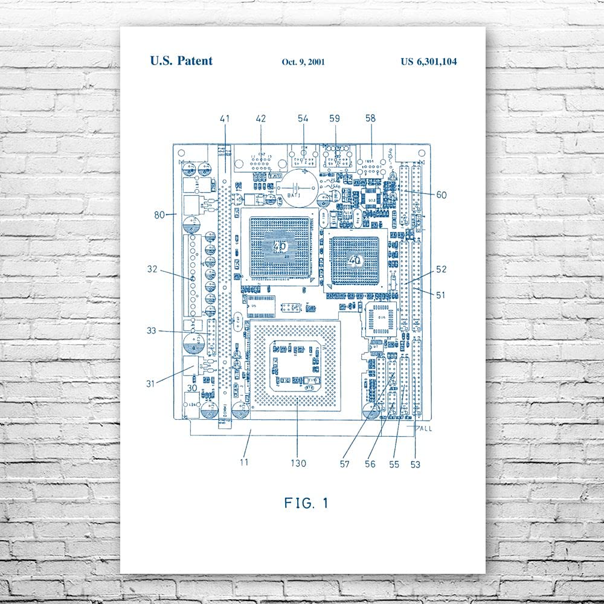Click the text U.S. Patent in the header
(181, 61)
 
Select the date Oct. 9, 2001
(304, 62)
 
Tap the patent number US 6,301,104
(432, 62)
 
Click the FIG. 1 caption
(306, 503)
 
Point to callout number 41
(225, 119)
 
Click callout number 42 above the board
(260, 119)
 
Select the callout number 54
(303, 119)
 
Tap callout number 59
(335, 119)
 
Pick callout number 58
(370, 119)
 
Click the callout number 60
(441, 194)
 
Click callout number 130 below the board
(298, 464)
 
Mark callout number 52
(441, 269)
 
